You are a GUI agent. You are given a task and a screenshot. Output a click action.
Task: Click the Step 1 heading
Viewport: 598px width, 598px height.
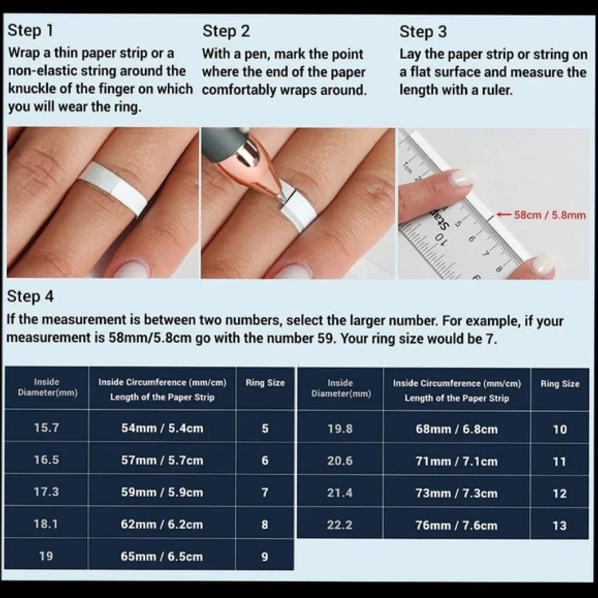(30, 30)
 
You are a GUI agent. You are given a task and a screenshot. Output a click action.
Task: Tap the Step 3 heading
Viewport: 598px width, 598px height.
(423, 31)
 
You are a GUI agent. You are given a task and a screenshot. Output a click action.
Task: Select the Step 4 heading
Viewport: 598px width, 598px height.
(30, 297)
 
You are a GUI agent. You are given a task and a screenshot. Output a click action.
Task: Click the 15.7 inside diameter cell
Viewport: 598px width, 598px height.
(46, 428)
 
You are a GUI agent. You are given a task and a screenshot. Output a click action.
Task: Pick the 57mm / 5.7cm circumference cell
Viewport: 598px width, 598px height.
(162, 460)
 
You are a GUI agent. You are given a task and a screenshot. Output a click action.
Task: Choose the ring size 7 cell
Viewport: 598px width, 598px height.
(265, 492)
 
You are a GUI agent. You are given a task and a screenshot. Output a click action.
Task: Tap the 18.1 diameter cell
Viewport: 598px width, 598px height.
(46, 524)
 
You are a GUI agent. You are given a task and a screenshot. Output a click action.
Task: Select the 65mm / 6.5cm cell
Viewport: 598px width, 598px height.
(161, 556)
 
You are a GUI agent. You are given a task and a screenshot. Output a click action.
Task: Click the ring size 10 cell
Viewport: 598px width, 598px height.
(560, 429)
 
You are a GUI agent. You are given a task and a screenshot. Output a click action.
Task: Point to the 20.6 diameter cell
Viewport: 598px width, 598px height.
(340, 460)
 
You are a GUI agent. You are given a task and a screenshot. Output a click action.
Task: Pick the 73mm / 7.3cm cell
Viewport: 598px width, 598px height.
(456, 493)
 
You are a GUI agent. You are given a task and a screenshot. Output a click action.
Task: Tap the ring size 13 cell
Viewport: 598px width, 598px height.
(560, 526)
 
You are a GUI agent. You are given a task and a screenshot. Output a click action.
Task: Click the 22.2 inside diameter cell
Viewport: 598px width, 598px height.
(340, 525)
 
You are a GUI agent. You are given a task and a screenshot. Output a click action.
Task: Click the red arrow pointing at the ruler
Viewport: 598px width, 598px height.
(504, 215)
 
